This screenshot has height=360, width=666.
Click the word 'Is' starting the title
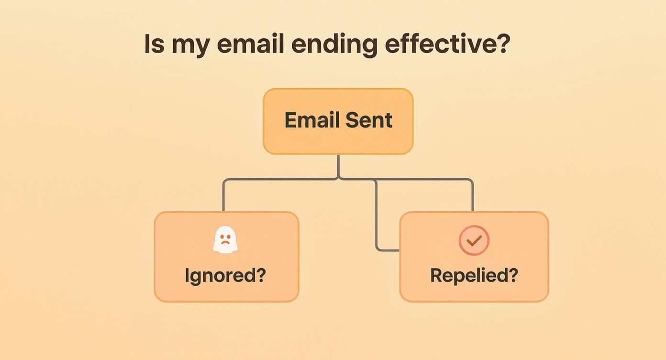(x=154, y=44)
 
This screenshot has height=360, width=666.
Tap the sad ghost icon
(x=225, y=240)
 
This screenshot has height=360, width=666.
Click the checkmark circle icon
(x=474, y=240)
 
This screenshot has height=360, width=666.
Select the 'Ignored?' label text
(x=225, y=276)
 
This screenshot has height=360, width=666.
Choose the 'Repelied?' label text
(x=474, y=276)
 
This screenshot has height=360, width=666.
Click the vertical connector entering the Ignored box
(x=223, y=196)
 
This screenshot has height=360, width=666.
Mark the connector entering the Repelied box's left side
(x=388, y=250)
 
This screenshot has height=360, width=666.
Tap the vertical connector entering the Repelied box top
(x=473, y=196)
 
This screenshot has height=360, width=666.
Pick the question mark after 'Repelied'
(x=513, y=275)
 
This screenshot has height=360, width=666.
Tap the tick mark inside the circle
(x=474, y=241)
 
